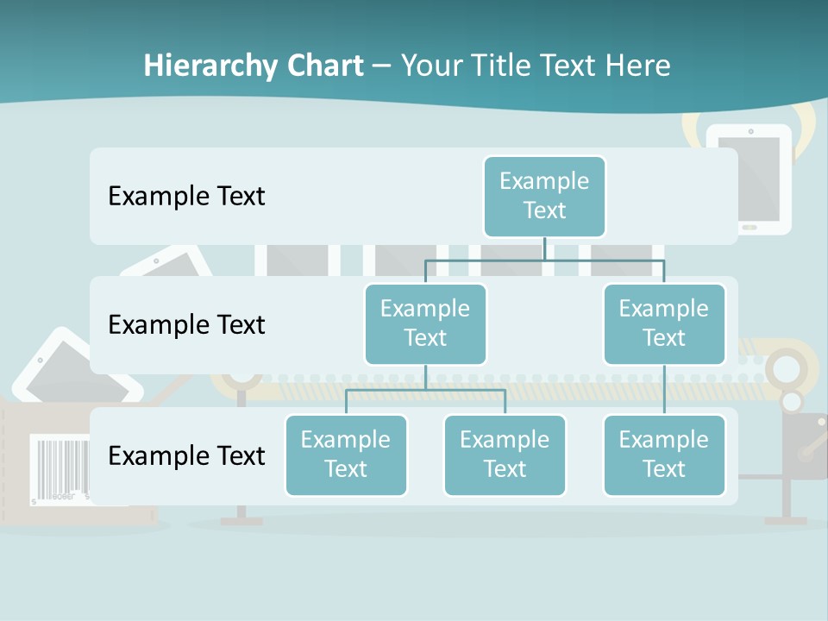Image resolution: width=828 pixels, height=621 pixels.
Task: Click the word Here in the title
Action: pos(637,66)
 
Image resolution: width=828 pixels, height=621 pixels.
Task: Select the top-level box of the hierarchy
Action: pos(544,196)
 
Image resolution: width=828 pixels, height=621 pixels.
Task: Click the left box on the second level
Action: pos(425,323)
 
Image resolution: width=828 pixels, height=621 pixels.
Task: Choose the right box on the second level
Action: pos(664,323)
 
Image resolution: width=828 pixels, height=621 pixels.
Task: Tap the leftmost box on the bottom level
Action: pos(346,455)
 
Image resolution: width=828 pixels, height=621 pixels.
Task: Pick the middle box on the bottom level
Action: pos(505,455)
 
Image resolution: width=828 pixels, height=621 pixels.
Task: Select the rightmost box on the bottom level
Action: pos(664,455)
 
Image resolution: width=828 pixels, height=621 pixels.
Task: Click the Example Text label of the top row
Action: pos(186,196)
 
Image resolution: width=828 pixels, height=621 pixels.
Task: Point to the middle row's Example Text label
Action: pos(186,325)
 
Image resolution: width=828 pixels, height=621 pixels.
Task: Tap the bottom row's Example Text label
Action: pos(186,455)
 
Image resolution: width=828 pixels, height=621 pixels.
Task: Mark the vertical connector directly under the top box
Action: pos(544,248)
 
